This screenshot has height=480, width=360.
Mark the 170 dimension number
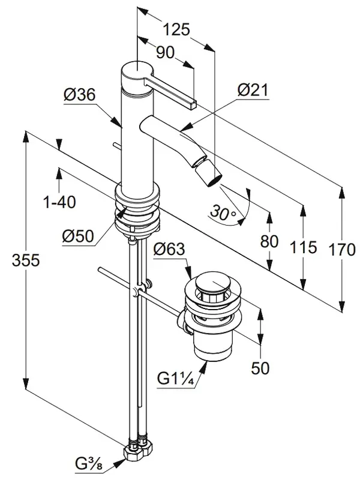coord(342,250)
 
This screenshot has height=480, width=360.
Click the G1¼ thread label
coord(175,379)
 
